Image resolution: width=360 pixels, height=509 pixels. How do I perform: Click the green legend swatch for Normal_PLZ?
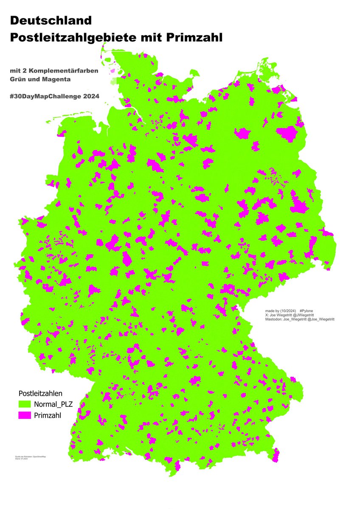25,403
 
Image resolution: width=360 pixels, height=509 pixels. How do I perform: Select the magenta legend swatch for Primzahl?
25,415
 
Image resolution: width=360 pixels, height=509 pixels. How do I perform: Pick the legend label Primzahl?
48,415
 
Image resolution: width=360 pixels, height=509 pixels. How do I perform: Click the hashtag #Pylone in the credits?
307,311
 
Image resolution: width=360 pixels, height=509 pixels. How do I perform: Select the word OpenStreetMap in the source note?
39,457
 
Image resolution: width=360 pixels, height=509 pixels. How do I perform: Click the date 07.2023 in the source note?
25,459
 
